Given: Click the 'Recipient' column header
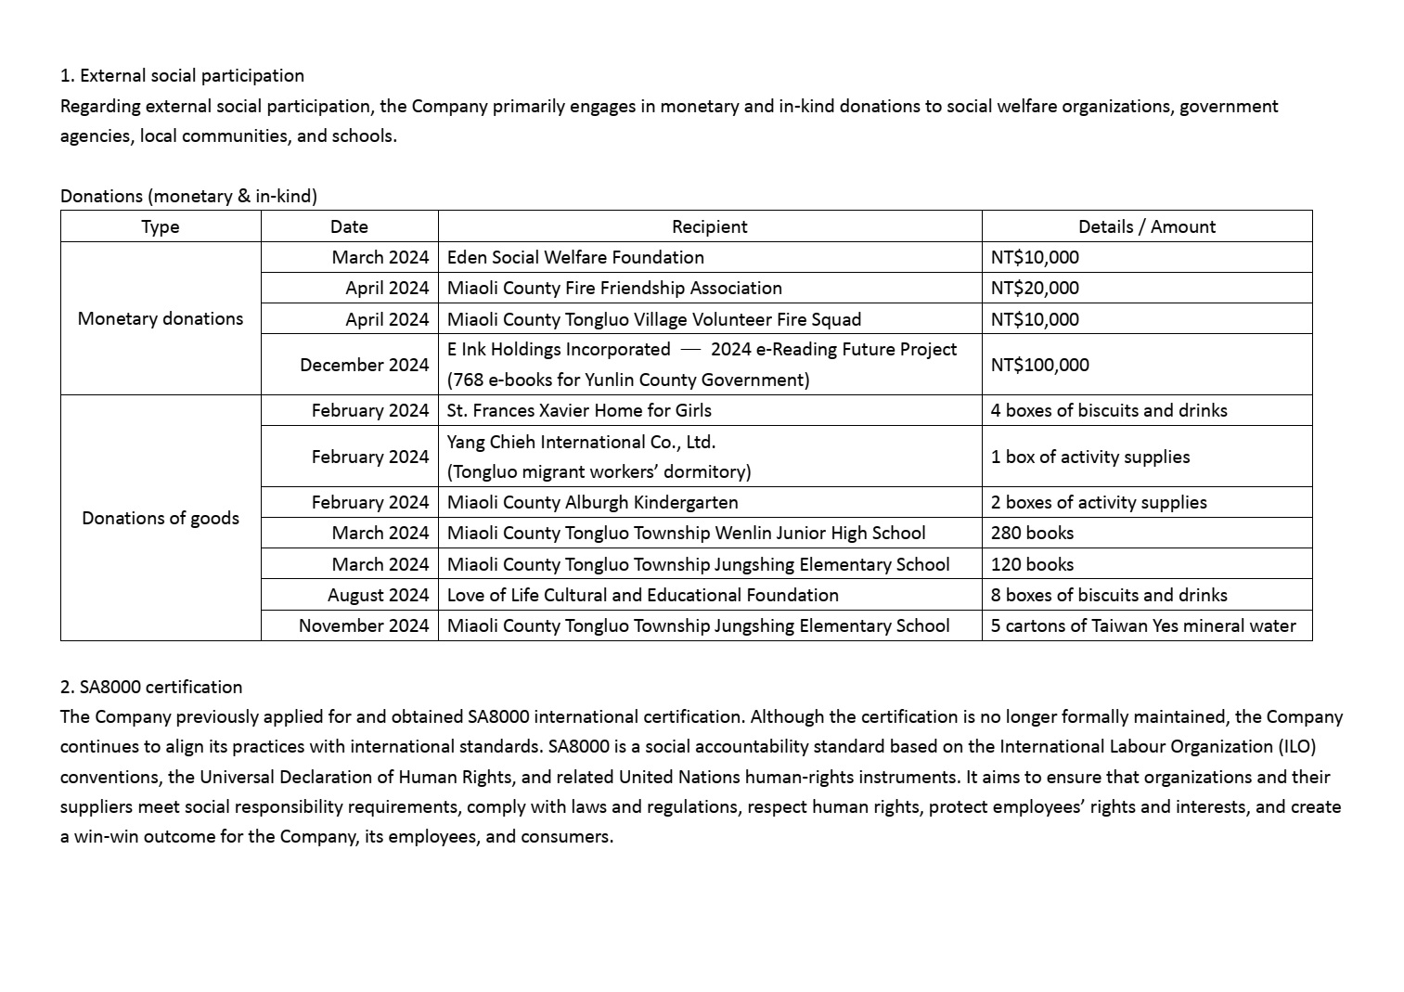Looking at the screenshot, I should [709, 226].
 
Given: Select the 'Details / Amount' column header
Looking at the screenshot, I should [1146, 226].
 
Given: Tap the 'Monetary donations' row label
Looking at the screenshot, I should [161, 318].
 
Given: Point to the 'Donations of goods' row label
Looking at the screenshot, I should [161, 518].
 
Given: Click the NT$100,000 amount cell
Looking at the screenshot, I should [1039, 365].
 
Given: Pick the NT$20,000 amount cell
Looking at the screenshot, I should [1034, 288].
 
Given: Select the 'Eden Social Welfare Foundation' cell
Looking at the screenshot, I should [575, 257].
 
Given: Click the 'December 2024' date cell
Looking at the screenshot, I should [364, 365].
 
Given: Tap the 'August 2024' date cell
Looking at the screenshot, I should [378, 595].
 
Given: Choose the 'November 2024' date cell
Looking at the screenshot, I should [364, 625].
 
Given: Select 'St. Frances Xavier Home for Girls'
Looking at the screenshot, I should [579, 410].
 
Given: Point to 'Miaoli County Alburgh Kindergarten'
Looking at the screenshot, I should [592, 502].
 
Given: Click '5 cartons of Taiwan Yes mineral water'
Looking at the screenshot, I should [1142, 625].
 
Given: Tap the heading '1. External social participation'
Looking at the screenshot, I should [182, 75].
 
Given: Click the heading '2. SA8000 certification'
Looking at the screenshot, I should [151, 687].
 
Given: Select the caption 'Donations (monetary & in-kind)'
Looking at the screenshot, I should [188, 196].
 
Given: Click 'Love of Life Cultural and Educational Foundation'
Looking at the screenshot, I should [642, 595].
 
